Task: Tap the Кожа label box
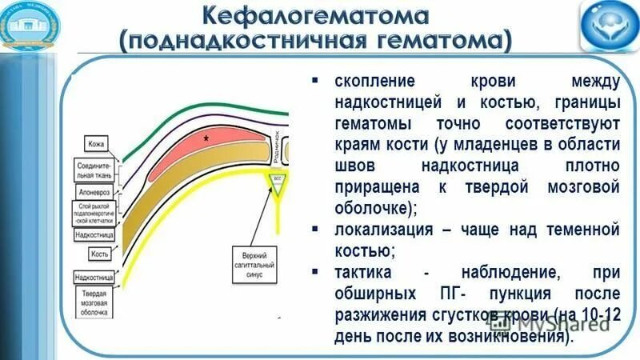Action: (97, 144)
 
